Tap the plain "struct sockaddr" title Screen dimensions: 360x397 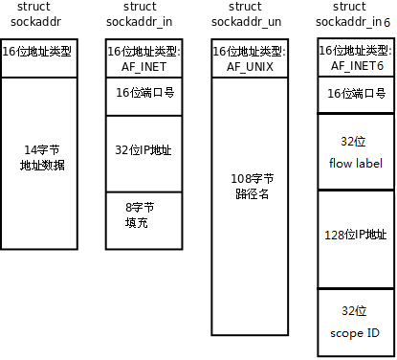[39, 15]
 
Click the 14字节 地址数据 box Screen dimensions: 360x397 [39, 158]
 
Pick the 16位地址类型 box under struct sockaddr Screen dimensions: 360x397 [39, 50]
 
